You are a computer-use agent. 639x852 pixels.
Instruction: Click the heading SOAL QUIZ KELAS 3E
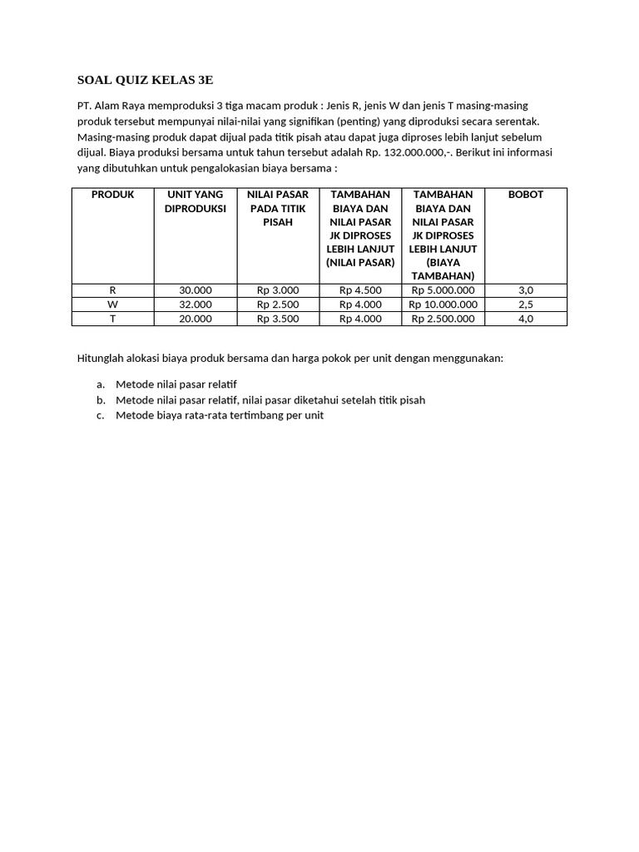click(145, 81)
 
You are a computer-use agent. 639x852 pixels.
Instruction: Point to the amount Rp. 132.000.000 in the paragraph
click(413, 152)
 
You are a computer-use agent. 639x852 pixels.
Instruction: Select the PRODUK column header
click(112, 195)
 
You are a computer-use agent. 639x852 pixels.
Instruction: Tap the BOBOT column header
click(525, 195)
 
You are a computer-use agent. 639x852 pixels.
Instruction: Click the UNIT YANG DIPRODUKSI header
click(196, 201)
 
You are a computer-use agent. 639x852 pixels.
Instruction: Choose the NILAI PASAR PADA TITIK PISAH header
click(278, 208)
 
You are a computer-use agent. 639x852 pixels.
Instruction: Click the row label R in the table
click(112, 290)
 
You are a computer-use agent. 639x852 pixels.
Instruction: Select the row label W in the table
click(112, 305)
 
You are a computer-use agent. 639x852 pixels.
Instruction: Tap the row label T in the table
click(112, 319)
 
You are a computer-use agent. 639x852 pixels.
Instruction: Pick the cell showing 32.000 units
click(196, 305)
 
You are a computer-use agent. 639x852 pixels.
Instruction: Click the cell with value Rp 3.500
click(278, 319)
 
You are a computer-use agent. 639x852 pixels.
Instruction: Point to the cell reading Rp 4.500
click(360, 290)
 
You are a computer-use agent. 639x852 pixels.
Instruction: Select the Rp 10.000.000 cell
click(443, 305)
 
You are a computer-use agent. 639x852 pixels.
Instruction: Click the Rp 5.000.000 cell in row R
click(443, 290)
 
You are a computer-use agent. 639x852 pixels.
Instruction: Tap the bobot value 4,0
click(525, 319)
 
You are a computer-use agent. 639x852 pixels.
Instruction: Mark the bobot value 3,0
click(525, 290)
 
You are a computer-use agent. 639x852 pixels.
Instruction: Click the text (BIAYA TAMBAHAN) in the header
click(443, 269)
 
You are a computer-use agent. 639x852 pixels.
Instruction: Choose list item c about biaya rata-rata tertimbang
click(219, 415)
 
